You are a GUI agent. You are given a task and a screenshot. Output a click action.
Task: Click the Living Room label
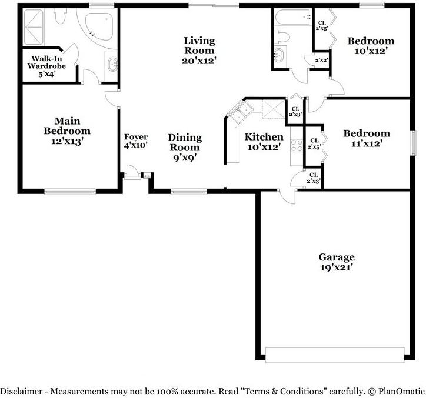point(199,50)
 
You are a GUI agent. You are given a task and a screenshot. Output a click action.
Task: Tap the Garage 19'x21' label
point(337,262)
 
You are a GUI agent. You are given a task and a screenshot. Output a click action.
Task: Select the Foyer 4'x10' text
point(135,141)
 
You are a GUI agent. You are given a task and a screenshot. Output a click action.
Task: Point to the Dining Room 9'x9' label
point(185,147)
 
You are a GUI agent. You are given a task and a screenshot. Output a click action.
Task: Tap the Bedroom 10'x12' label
point(370,46)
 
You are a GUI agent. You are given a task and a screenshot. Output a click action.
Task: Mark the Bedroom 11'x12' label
point(367,138)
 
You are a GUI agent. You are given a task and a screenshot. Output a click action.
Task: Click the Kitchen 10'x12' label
point(264,142)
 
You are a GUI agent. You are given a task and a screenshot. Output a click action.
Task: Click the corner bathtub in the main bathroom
point(100,26)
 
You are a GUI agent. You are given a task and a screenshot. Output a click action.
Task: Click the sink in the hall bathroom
point(278,56)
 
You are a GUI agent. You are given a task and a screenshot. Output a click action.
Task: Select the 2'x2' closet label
point(321,60)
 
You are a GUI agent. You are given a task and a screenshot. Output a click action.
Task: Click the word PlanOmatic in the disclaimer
point(400,391)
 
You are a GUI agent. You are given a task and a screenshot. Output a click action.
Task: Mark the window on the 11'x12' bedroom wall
point(412,142)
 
